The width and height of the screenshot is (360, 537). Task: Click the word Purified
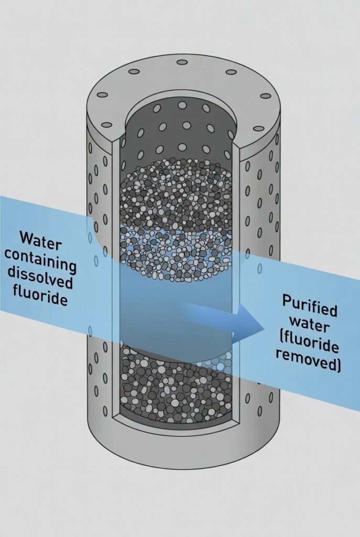click(309, 305)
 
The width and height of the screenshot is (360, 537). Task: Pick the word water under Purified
click(311, 325)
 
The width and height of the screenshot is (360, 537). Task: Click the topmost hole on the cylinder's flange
click(182, 62)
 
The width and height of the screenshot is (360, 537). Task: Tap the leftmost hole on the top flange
click(103, 95)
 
